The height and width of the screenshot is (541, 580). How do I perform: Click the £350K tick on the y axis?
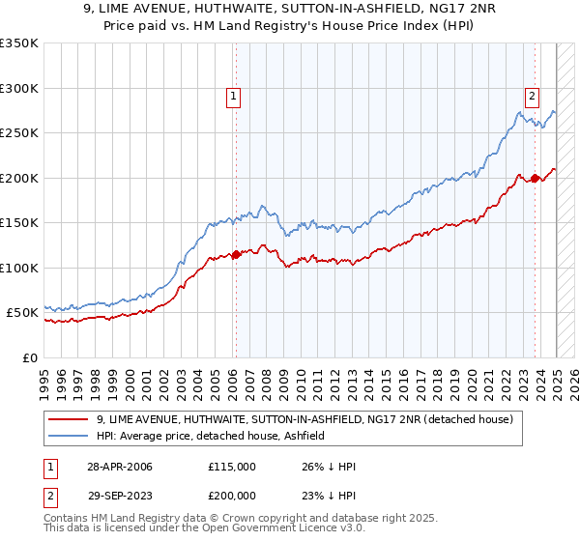tap(18, 43)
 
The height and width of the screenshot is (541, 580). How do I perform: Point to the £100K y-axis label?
tap(18, 268)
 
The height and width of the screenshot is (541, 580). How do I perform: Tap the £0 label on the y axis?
tap(28, 357)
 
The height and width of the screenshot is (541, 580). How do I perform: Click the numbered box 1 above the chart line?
tap(235, 96)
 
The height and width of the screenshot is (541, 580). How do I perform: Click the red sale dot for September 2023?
tap(535, 179)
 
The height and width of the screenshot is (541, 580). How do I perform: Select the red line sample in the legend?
tap(70, 419)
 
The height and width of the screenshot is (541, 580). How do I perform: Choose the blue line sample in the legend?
tap(70, 436)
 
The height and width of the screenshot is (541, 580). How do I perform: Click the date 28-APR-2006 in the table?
tap(119, 468)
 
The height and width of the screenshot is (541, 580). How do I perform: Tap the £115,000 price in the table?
tap(232, 468)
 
